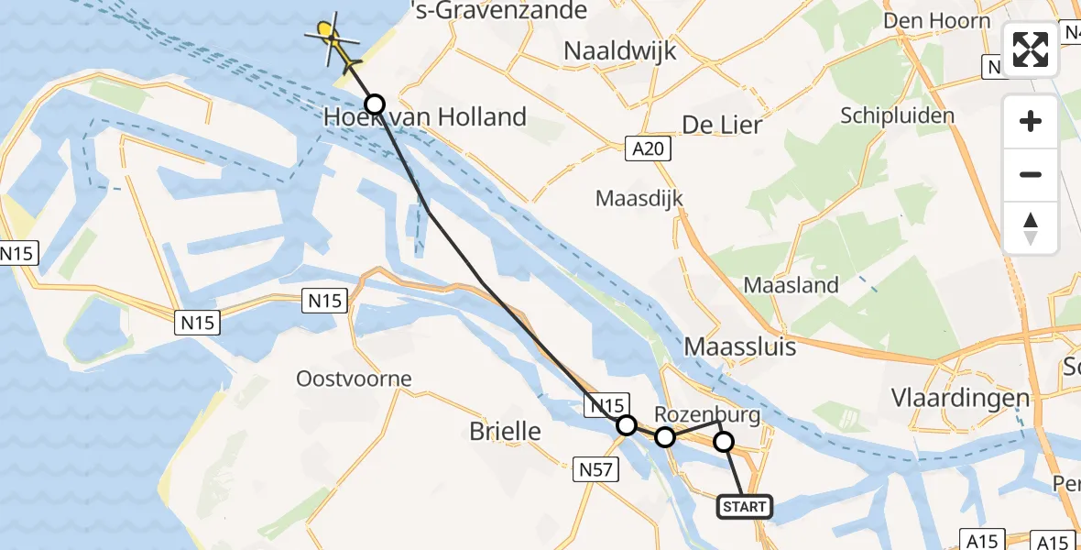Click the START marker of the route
coord(745,507)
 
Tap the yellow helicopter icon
coord(332,39)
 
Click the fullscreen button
coord(1031,49)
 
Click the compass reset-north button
coord(1031,228)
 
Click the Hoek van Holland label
coord(425,117)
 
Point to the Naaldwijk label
coord(620,51)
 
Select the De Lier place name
coord(722,125)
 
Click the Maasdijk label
coord(639,198)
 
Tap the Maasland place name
coord(791,285)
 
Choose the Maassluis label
coord(740,347)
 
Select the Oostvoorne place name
coord(354,379)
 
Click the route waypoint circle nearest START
coord(724,443)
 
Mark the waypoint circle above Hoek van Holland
coord(375,104)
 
